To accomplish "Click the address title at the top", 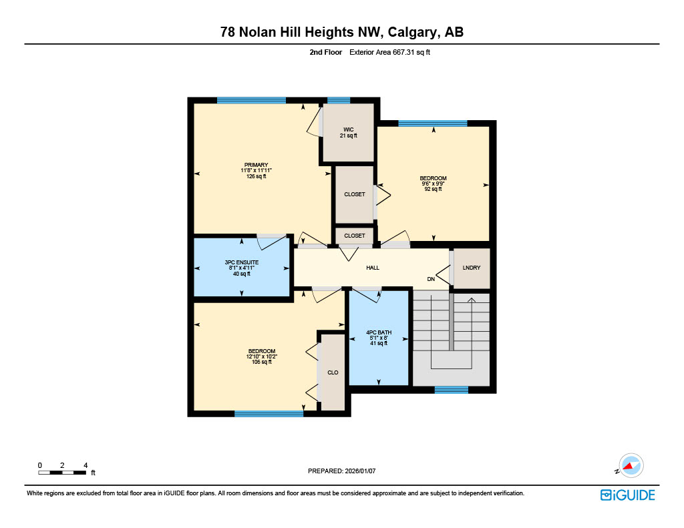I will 342,32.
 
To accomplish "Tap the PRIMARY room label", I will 256,165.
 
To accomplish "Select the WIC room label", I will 348,129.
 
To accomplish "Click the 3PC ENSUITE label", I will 241,262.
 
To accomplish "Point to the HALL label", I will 373,268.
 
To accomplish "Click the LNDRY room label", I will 472,268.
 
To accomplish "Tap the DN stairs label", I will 431,279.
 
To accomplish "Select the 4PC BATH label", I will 378,332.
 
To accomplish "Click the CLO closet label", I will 333,372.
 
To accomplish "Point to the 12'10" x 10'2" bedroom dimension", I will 261,356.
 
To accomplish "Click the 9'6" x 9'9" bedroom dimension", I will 433,184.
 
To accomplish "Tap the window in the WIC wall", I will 339,101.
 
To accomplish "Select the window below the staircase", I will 451,390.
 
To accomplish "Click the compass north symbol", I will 629,466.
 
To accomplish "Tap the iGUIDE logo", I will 627,495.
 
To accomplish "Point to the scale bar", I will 62,473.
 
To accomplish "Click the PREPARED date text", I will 341,471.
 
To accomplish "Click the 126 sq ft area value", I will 256,176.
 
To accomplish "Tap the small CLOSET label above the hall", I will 355,236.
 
